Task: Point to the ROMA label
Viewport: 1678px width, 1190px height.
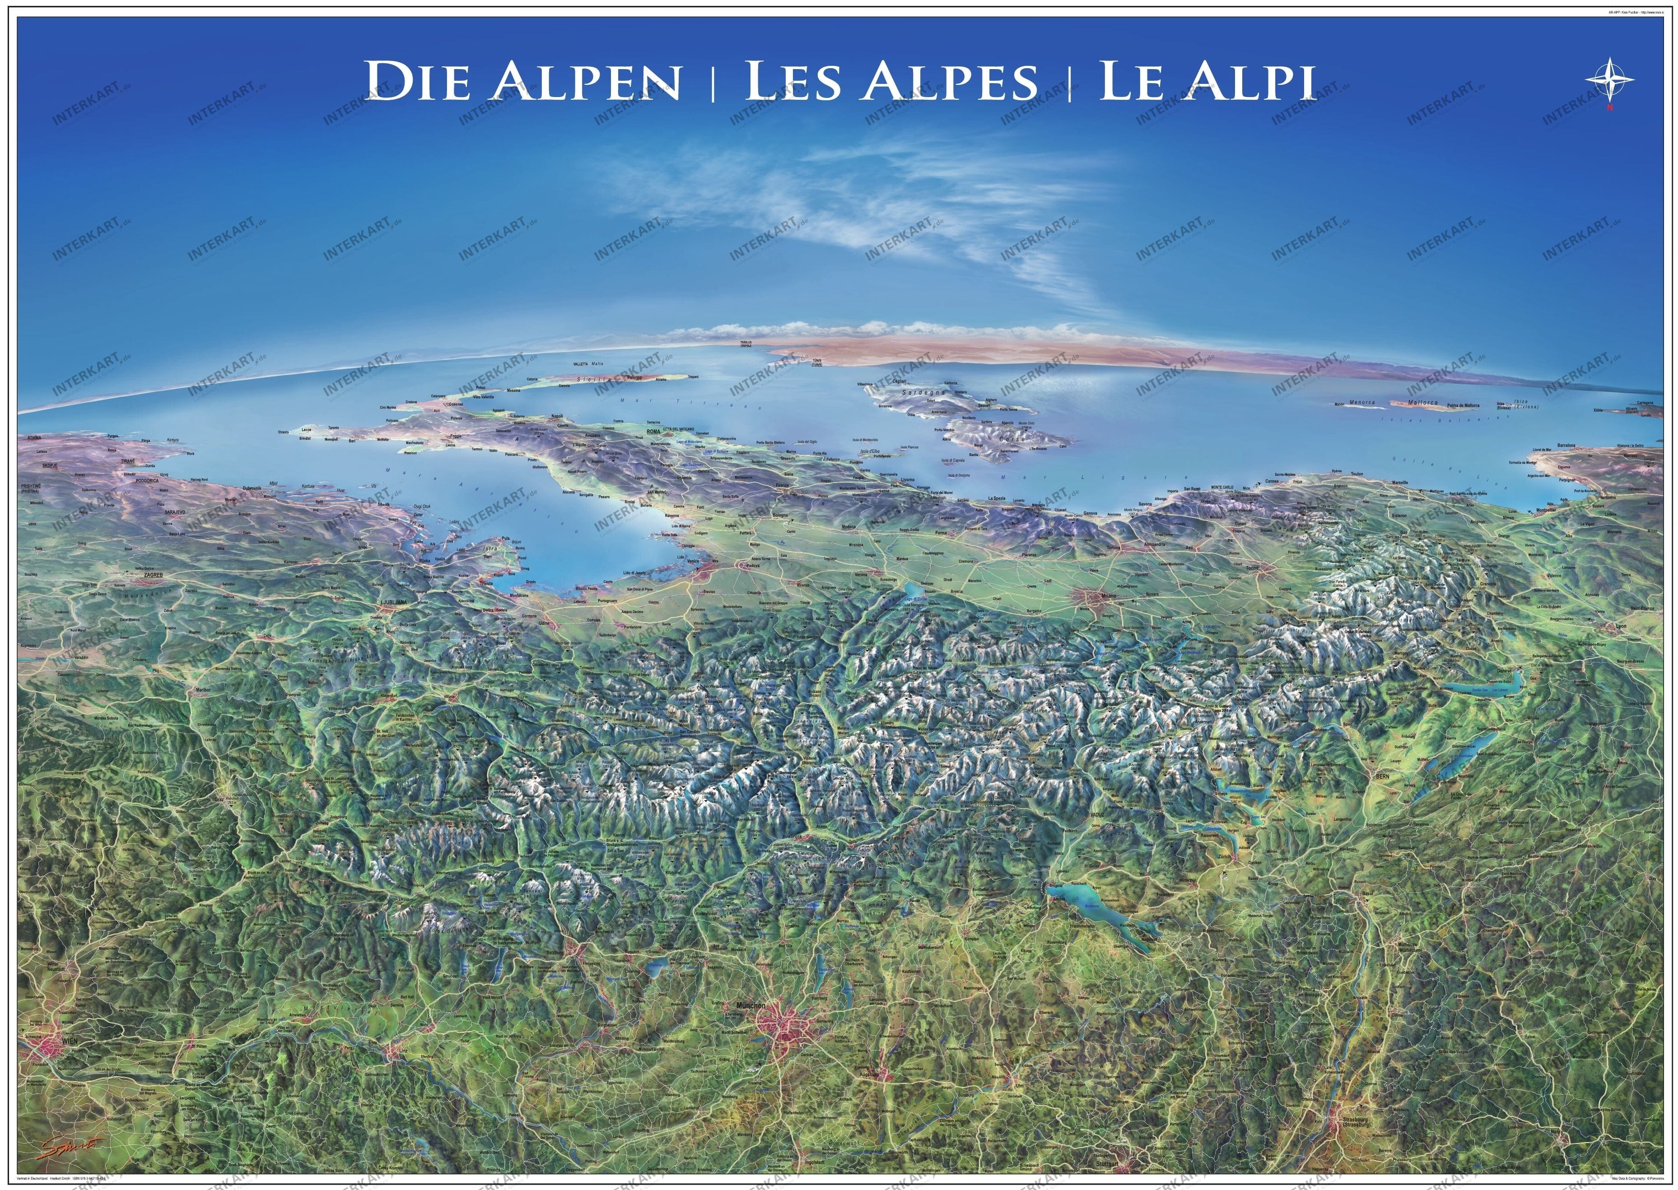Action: coord(653,432)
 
